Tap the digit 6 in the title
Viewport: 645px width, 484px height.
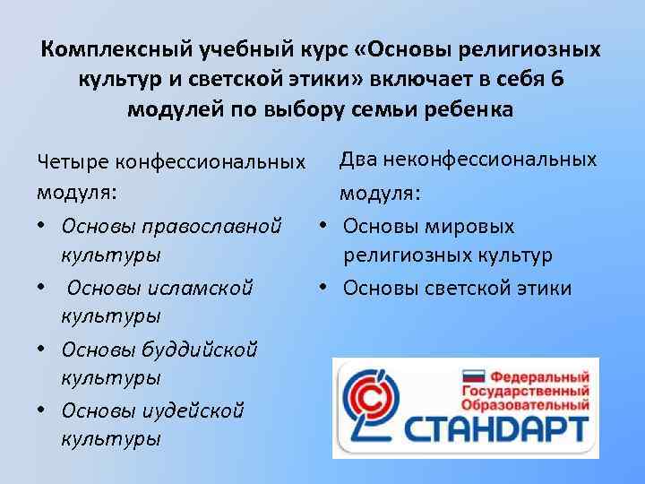558,79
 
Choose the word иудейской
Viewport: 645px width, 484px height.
194,410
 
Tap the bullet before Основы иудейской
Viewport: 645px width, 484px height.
43,411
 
